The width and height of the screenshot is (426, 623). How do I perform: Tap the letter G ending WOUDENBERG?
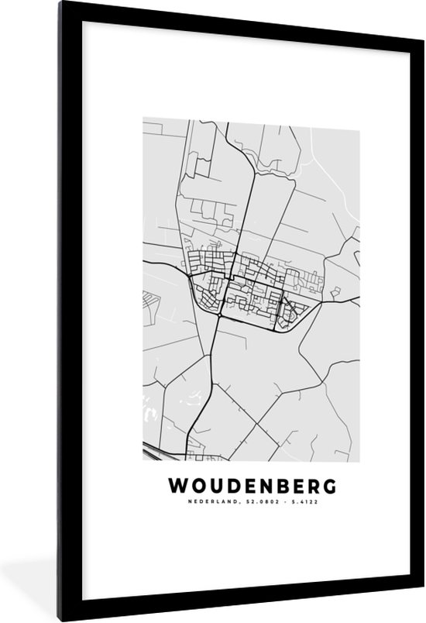330,486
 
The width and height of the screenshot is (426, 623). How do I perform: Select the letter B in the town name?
278,486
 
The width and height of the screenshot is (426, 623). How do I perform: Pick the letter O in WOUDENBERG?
195,486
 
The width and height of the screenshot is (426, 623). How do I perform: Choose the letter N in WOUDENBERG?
261,486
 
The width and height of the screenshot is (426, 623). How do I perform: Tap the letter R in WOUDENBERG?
312,486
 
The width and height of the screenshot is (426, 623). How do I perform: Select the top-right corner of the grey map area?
359,119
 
